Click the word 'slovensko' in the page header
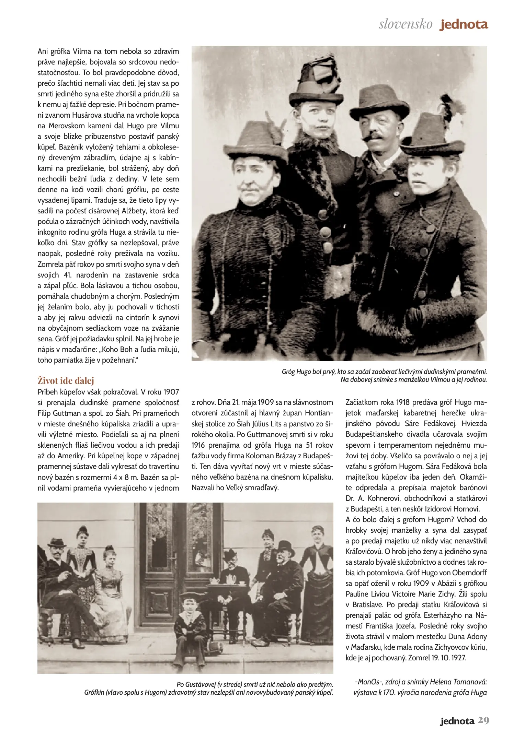pyautogui.click(x=406, y=24)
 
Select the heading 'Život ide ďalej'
pyautogui.click(x=66, y=380)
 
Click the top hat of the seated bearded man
pyautogui.click(x=286, y=548)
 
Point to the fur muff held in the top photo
pyautogui.click(x=339, y=278)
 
